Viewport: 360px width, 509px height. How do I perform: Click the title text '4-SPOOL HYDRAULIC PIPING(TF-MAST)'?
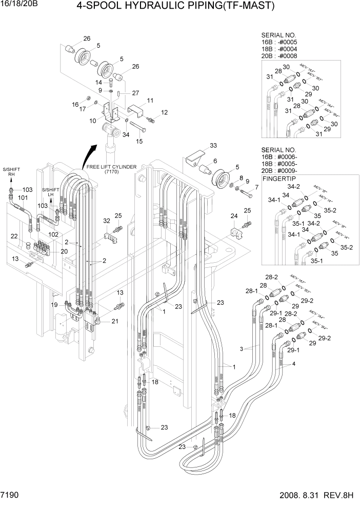click(x=175, y=7)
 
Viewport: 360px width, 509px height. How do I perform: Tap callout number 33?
click(x=199, y=146)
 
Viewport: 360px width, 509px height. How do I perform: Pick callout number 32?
click(x=107, y=221)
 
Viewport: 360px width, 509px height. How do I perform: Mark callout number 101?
click(x=23, y=197)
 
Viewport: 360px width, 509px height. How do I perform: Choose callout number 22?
click(x=14, y=236)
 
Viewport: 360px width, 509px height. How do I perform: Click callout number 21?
click(x=115, y=321)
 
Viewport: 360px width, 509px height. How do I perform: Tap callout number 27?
click(x=135, y=93)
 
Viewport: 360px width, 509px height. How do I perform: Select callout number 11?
click(x=150, y=100)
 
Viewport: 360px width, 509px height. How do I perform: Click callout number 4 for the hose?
click(x=294, y=364)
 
